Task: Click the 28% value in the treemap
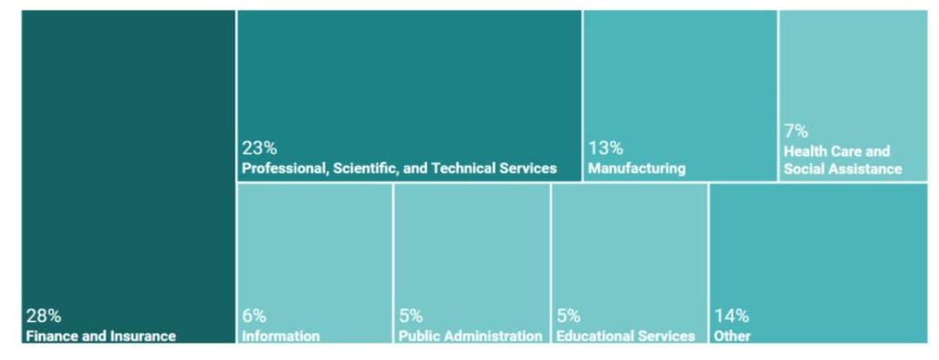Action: tap(43, 316)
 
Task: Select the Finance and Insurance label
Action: tap(101, 336)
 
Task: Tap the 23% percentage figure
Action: tap(259, 149)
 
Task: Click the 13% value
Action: tap(605, 149)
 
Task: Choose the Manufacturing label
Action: tap(636, 168)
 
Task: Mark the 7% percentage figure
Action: tap(796, 131)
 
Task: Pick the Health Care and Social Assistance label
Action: tap(842, 160)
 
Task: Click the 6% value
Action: tap(255, 316)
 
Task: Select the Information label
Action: tap(281, 336)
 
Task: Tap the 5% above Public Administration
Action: tap(411, 316)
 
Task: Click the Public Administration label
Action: tap(470, 336)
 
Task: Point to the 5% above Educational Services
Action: tap(569, 316)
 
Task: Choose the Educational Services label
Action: tap(626, 336)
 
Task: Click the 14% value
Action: tap(731, 316)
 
